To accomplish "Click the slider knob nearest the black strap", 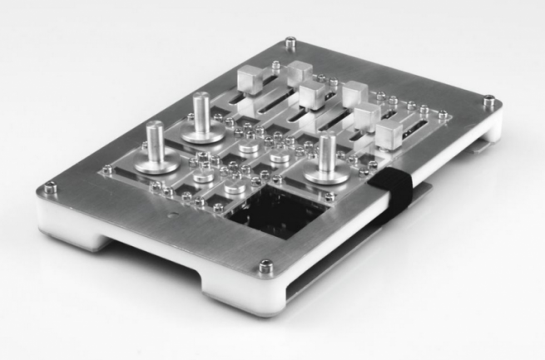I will [389, 135].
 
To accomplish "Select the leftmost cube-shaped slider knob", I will [250, 81].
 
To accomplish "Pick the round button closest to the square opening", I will [235, 189].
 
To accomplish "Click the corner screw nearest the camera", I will [265, 266].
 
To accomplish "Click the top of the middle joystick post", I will [201, 99].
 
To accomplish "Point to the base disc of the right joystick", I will [325, 175].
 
